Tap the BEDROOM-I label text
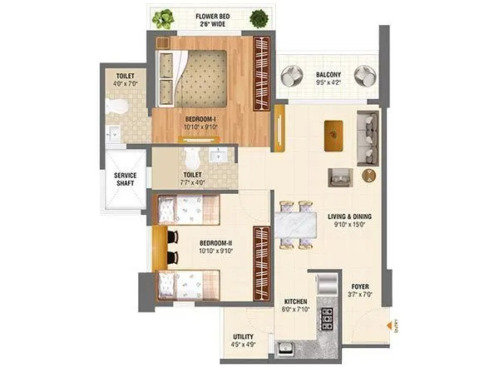tap(201, 118)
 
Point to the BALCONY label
tap(328, 73)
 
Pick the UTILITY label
tap(243, 337)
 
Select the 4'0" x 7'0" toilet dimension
tap(123, 82)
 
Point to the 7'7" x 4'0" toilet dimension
tap(191, 184)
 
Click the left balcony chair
tap(293, 77)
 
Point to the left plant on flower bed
tap(162, 17)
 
